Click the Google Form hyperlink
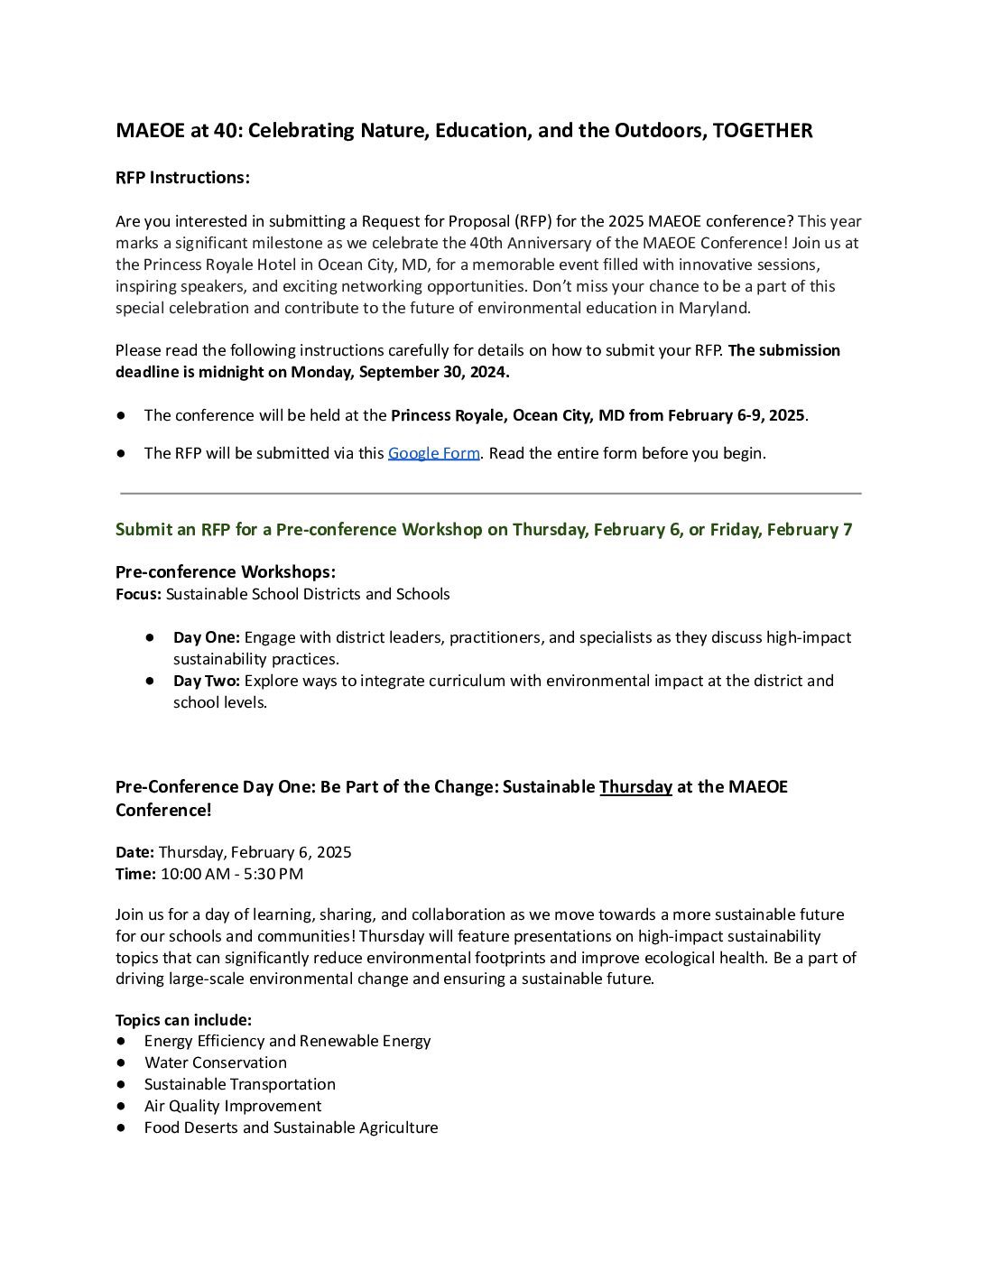[433, 453]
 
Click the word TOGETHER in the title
[763, 131]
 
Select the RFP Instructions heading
[182, 178]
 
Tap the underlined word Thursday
[635, 787]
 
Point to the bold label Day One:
[207, 637]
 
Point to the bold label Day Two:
[207, 681]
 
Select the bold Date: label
[135, 852]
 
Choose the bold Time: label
[135, 874]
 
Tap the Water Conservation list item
[216, 1062]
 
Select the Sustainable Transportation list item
[240, 1084]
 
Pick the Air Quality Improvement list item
[233, 1106]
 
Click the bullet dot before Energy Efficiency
[121, 1041]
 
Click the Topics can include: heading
[183, 1020]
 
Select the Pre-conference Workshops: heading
[226, 572]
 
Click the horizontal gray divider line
[491, 494]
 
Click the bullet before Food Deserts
[121, 1127]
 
